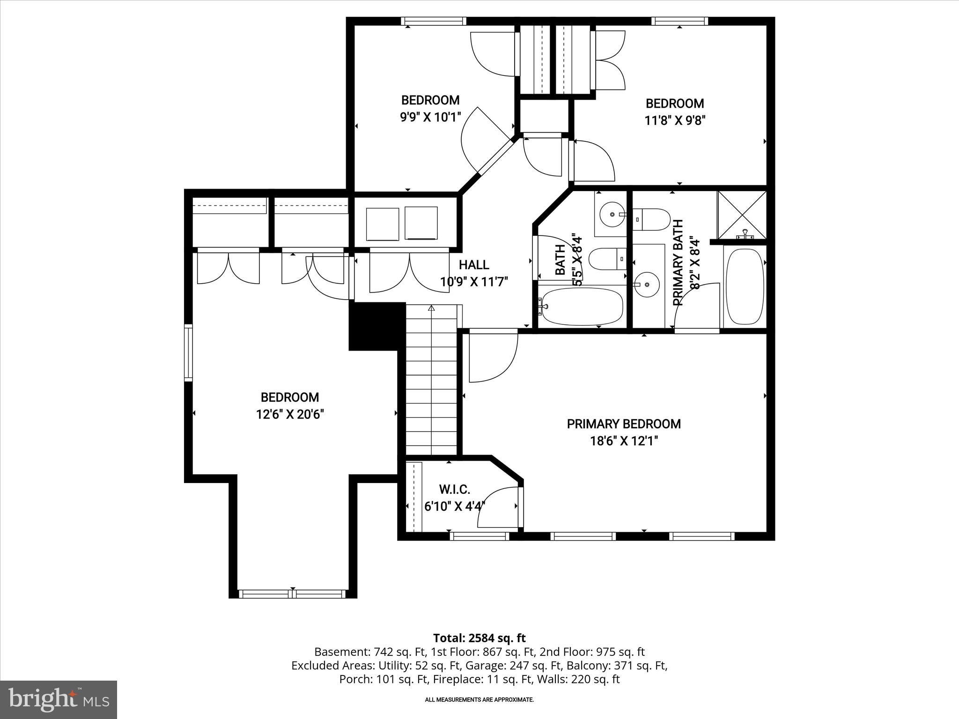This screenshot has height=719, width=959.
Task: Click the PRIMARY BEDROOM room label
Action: (x=624, y=424)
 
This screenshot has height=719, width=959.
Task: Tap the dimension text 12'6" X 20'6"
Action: (x=290, y=414)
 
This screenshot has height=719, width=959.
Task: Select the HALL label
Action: (x=474, y=265)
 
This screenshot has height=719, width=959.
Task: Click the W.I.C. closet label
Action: (x=454, y=490)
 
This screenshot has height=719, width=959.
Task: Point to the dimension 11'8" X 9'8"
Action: (x=675, y=120)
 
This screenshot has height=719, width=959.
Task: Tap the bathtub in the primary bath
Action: (x=745, y=286)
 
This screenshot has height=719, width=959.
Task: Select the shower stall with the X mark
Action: (x=742, y=215)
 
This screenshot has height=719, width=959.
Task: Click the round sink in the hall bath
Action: (x=612, y=214)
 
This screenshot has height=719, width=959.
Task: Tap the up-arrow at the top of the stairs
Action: (x=431, y=308)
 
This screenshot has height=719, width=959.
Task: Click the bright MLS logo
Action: (x=59, y=699)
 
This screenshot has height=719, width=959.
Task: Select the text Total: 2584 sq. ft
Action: (x=479, y=638)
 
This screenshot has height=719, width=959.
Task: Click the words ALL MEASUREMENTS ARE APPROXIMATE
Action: (x=479, y=700)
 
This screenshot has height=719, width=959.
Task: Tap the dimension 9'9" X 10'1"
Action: (x=430, y=117)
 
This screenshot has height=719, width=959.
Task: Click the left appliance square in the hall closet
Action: (x=382, y=224)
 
